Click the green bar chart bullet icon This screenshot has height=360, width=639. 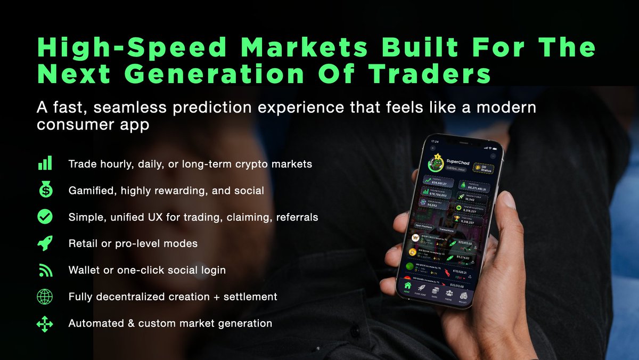pyautogui.click(x=44, y=163)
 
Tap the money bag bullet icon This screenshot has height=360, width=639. pyautogui.click(x=44, y=190)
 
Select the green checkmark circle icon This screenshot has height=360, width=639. pyautogui.click(x=44, y=217)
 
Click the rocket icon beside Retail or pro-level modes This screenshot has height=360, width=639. pyautogui.click(x=44, y=243)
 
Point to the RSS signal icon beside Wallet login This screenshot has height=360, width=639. pyautogui.click(x=44, y=271)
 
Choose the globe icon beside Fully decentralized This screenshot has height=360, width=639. pyautogui.click(x=44, y=297)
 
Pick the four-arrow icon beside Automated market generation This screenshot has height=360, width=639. pyautogui.click(x=44, y=324)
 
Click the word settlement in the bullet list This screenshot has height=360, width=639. pyautogui.click(x=251, y=297)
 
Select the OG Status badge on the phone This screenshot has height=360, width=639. pyautogui.click(x=484, y=168)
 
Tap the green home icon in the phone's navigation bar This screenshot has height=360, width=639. pyautogui.click(x=408, y=286)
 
